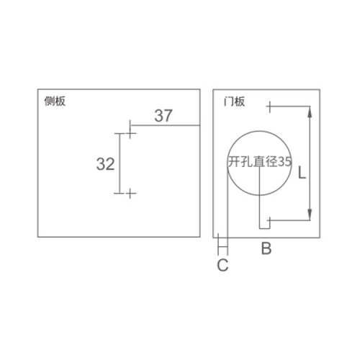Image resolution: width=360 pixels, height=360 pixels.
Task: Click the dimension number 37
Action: (163, 116)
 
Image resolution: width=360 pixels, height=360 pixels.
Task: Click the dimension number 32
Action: (105, 164)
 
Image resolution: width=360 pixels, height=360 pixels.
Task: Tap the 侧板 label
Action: (55, 102)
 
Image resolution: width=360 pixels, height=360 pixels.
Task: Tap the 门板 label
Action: (234, 102)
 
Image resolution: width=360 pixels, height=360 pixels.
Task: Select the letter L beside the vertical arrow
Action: (302, 173)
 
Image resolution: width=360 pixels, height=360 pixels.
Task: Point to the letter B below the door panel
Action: (266, 248)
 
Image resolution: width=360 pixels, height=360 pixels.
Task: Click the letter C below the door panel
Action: (222, 265)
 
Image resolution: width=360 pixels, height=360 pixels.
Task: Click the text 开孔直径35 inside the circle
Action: (260, 161)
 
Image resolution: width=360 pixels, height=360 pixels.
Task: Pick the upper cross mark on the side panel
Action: (130, 133)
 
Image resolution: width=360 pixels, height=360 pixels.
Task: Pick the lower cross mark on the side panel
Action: (130, 193)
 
